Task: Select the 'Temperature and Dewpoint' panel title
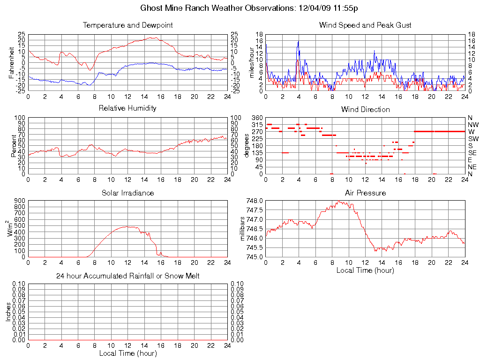pos(127,25)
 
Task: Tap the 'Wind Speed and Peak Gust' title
pos(365,25)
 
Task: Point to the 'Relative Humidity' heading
pos(127,108)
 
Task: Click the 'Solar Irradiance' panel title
pos(127,193)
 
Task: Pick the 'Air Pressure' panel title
pos(365,193)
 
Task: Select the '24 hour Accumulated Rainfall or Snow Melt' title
pos(127,276)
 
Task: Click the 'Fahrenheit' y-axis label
pos(12,63)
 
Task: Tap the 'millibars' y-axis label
pos(242,229)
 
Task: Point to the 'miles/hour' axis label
pos(252,63)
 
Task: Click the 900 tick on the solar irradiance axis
pos(20,201)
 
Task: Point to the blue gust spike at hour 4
pos(298,41)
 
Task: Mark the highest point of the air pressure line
pos(338,201)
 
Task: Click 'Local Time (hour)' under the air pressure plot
pos(365,270)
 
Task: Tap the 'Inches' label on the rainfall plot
pos(8,312)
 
